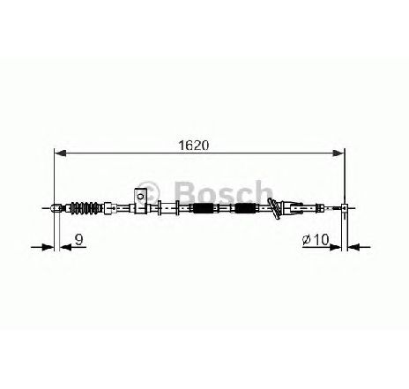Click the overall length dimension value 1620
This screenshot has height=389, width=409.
[x=194, y=146]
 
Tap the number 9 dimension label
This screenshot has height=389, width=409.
[x=78, y=240]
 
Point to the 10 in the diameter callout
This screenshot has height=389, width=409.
[x=321, y=240]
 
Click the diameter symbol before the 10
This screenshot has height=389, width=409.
[x=307, y=240]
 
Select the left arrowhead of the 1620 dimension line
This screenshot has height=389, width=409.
[x=60, y=153]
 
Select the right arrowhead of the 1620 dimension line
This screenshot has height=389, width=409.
[x=338, y=153]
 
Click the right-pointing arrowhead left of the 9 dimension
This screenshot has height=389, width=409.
[x=48, y=247]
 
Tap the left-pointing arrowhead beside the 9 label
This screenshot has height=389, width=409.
[x=65, y=247]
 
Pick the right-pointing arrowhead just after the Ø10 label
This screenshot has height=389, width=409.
[x=336, y=247]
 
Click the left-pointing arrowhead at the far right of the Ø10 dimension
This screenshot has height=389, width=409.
[x=353, y=247]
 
